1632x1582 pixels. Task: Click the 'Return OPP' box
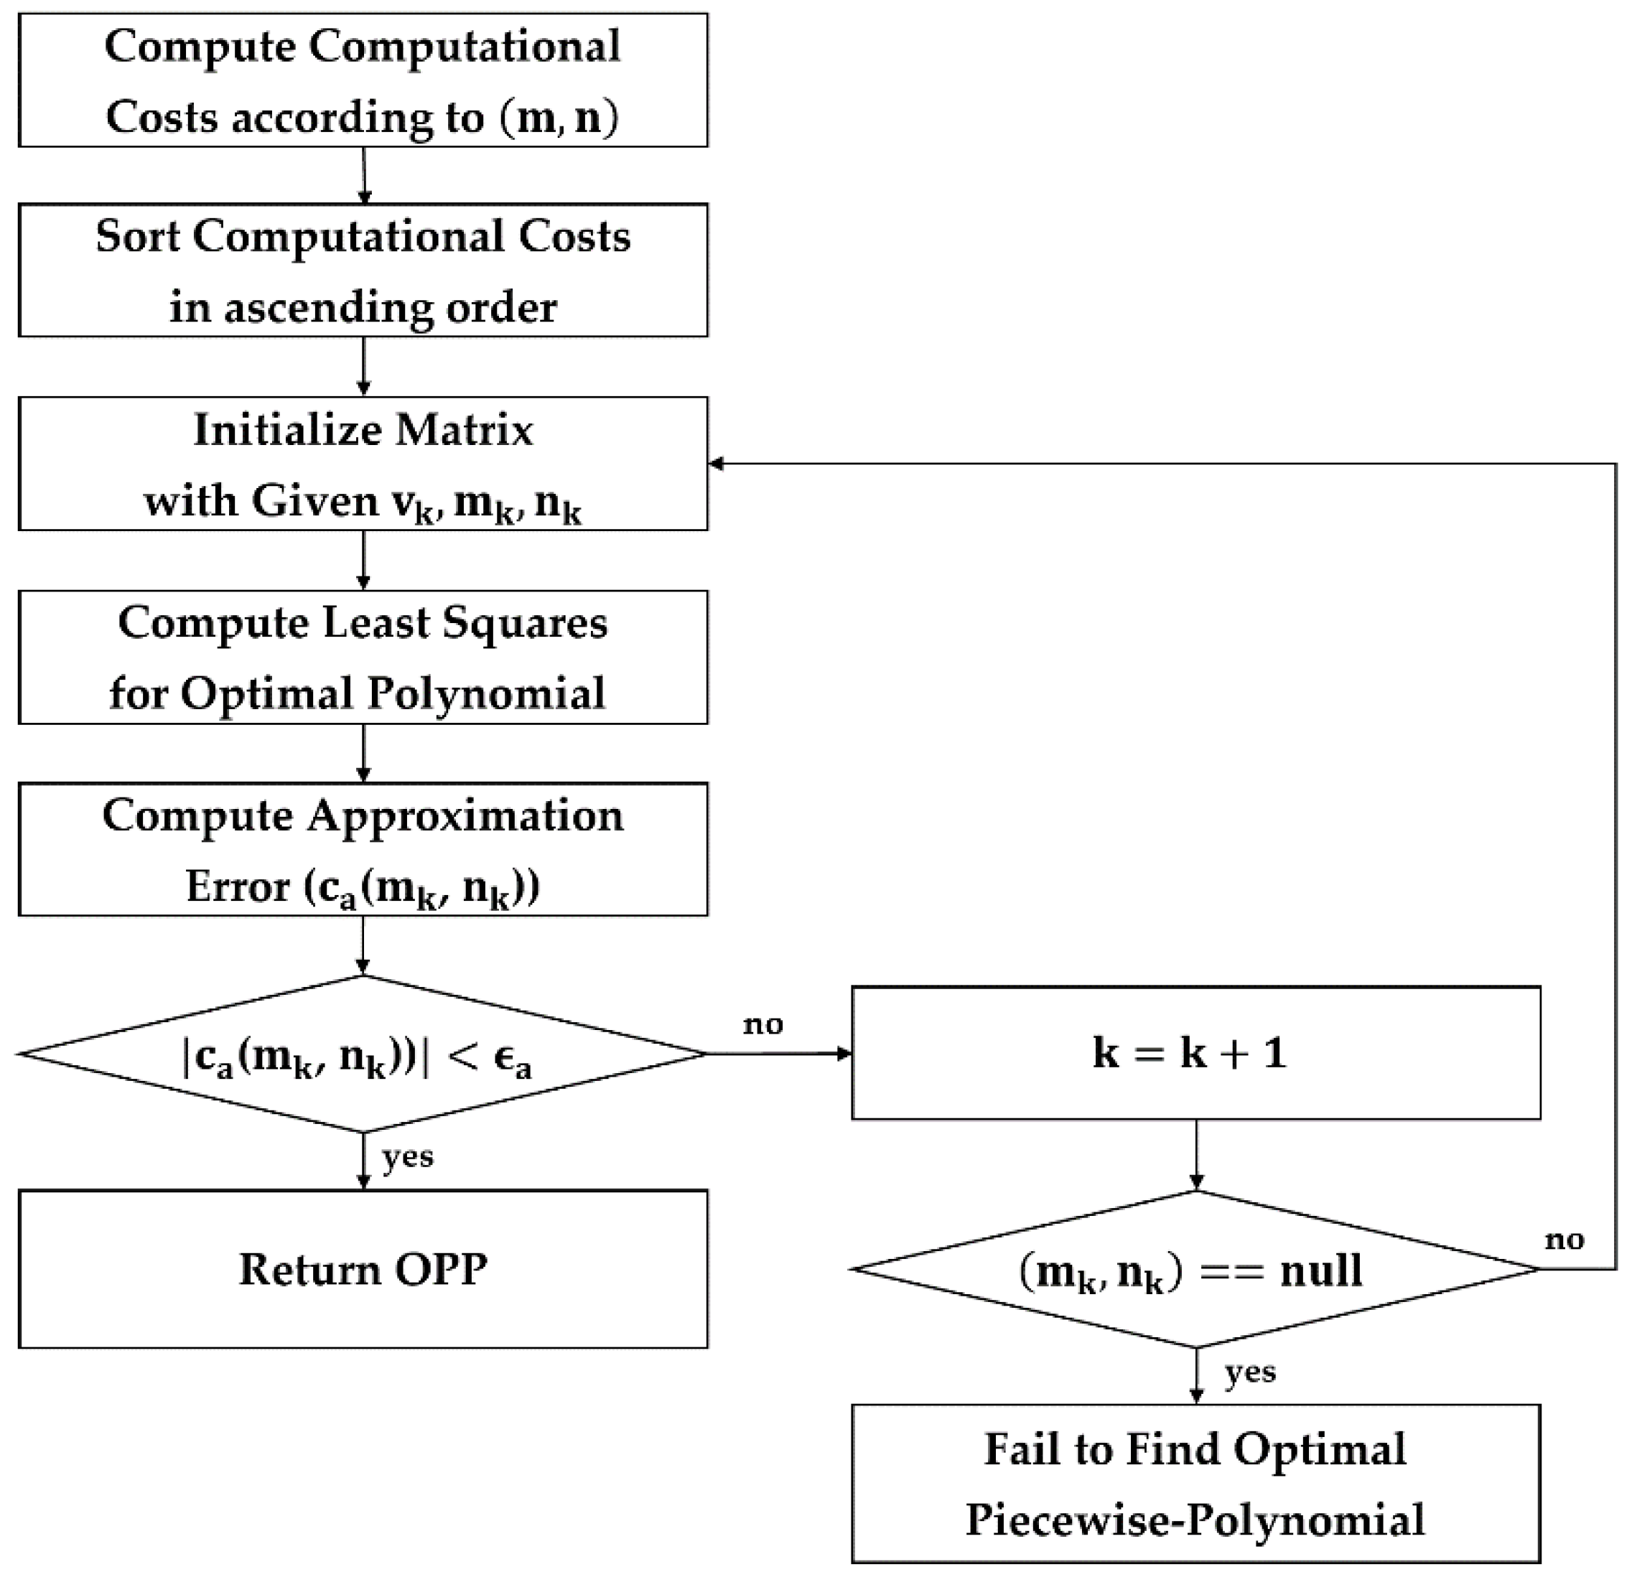[363, 1269]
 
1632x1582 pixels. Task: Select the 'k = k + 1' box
[1195, 1053]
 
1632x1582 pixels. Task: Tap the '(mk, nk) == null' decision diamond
[1195, 1270]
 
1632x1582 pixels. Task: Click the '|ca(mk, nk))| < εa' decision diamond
[363, 1054]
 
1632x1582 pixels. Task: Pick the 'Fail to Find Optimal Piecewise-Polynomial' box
[1195, 1484]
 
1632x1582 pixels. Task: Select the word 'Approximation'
[465, 815]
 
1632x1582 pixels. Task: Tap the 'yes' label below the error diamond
[407, 1158]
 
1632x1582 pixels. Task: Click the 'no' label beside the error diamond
[763, 1024]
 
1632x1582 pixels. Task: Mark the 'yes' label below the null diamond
[1250, 1372]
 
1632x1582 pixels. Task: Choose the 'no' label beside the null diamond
[1564, 1240]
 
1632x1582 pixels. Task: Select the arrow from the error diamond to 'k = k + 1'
[779, 1054]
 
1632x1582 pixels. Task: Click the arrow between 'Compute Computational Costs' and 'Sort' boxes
[364, 174]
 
